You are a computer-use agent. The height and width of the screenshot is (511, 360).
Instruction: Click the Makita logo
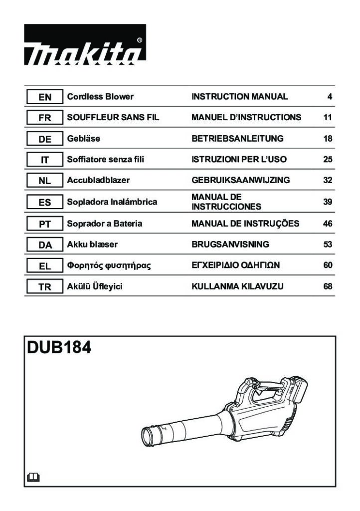pyautogui.click(x=85, y=44)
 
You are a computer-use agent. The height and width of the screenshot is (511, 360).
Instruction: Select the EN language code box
pyautogui.click(x=44, y=97)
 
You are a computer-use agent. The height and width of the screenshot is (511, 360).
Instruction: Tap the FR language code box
pyautogui.click(x=44, y=118)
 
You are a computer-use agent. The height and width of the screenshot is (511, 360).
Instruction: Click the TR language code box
pyautogui.click(x=44, y=287)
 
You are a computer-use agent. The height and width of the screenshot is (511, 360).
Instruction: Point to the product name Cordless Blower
pyautogui.click(x=100, y=96)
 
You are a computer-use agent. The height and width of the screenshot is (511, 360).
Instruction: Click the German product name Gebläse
pyautogui.click(x=83, y=139)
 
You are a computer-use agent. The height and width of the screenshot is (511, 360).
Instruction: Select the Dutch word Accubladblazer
pyautogui.click(x=98, y=180)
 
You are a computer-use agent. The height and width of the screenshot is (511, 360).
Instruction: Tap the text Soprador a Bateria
pyautogui.click(x=105, y=224)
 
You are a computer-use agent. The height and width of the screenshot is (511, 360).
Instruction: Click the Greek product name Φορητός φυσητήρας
pyautogui.click(x=109, y=265)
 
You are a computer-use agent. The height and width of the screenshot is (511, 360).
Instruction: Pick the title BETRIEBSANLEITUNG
pyautogui.click(x=237, y=139)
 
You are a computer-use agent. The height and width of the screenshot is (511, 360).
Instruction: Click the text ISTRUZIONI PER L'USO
pyautogui.click(x=239, y=159)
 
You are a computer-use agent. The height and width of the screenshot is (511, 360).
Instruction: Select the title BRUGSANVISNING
pyautogui.click(x=230, y=245)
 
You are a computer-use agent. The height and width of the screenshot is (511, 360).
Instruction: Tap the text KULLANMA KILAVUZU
pyautogui.click(x=237, y=286)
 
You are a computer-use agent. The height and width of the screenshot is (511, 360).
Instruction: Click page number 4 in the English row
pyautogui.click(x=330, y=97)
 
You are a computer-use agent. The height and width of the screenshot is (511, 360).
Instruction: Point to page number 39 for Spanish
pyautogui.click(x=328, y=202)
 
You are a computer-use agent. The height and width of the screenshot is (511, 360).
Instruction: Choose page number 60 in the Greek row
pyautogui.click(x=328, y=265)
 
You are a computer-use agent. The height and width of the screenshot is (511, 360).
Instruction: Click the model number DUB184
pyautogui.click(x=59, y=347)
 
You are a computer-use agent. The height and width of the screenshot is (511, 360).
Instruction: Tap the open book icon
pyautogui.click(x=33, y=478)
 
